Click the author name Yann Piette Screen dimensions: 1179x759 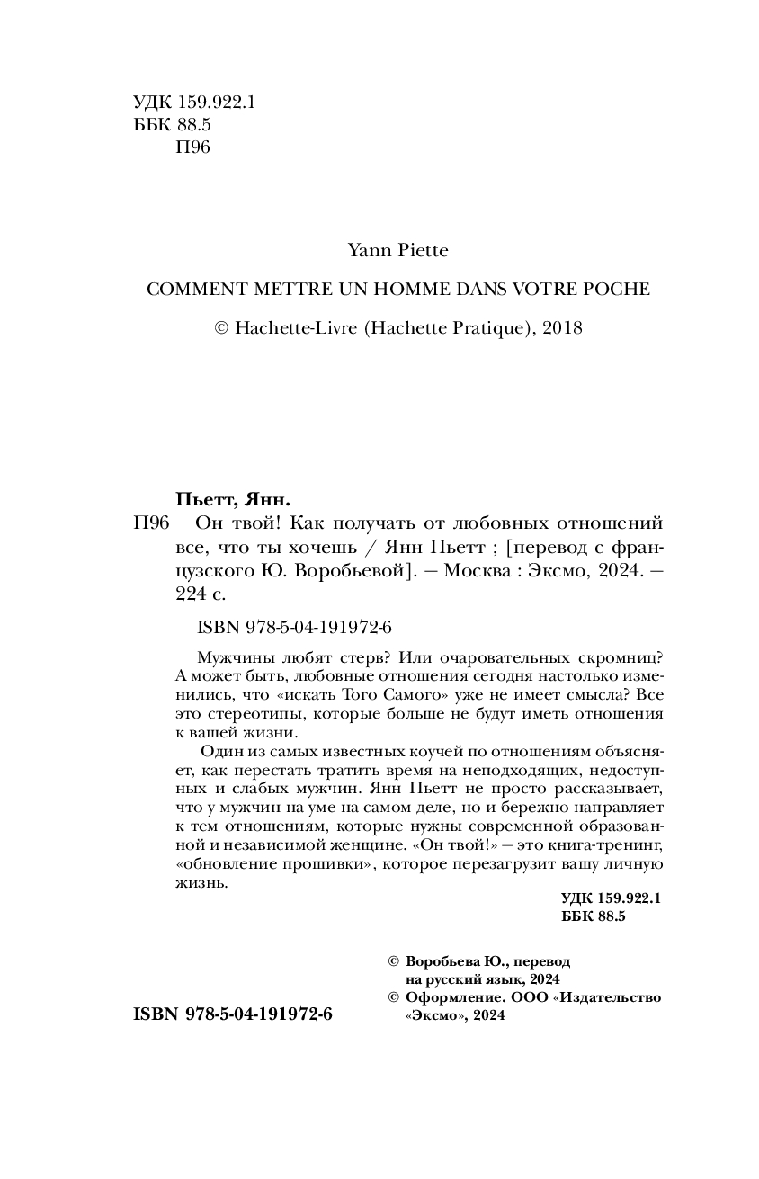pos(397,251)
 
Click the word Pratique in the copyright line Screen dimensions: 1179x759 pos(477,328)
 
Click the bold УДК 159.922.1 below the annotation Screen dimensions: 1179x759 pos(611,898)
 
